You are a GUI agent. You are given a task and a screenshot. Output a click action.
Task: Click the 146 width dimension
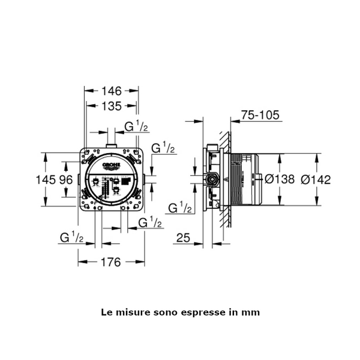tap(112, 91)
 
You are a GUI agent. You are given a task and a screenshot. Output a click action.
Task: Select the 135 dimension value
tap(112, 106)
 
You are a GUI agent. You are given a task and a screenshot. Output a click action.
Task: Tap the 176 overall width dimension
tap(111, 262)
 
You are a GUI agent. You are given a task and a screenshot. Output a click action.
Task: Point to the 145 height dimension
tap(46, 179)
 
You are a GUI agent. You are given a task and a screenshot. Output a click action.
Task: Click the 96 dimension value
tap(66, 179)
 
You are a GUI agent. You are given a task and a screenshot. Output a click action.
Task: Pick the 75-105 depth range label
tap(260, 115)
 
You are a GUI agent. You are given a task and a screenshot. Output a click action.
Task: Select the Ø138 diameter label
tap(280, 179)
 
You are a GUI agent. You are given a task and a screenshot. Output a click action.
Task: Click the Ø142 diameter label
tap(316, 179)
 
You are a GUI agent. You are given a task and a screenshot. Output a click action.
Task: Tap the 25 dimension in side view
tap(183, 238)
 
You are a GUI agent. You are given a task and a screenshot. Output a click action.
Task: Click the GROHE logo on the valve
tap(112, 166)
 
